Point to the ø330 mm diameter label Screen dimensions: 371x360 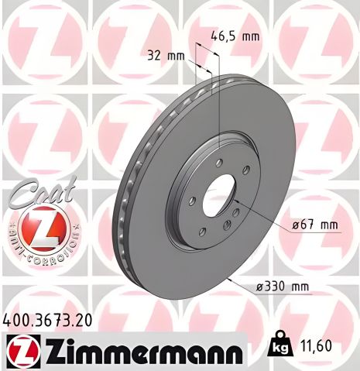point(283,287)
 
